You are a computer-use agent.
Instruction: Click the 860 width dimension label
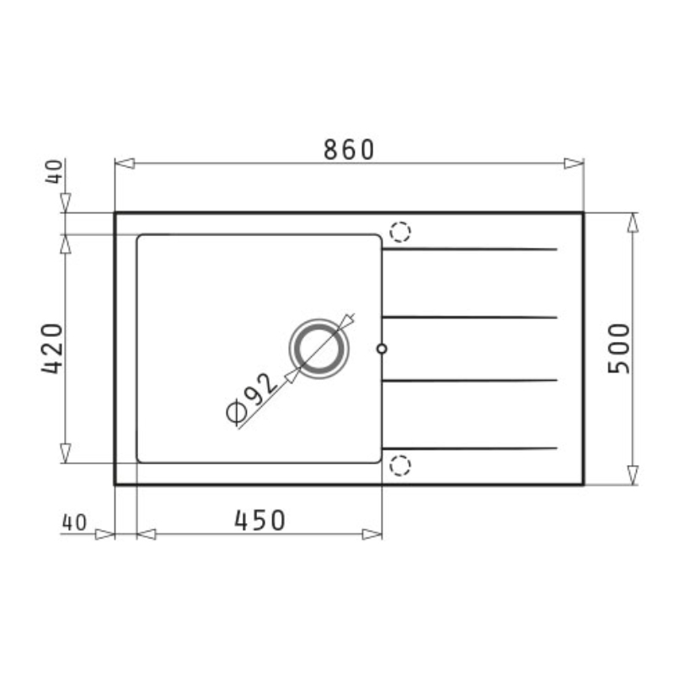tap(349, 150)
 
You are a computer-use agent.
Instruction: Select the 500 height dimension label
tap(619, 349)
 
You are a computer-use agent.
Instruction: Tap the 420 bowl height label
tap(52, 349)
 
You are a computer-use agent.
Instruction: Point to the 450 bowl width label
tap(259, 520)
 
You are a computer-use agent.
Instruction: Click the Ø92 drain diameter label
tap(251, 398)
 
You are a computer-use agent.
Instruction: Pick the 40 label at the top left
tap(54, 172)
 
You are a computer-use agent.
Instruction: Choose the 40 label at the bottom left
tap(74, 522)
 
